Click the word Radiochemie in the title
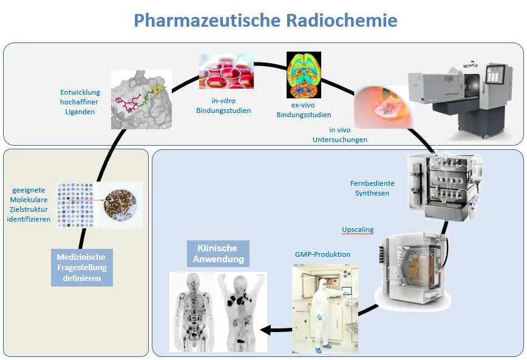340,20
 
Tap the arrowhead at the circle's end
267,330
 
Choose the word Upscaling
358,230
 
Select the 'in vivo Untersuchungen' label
348,135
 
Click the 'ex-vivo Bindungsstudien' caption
304,110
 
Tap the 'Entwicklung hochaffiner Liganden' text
80,102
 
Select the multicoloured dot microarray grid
76,205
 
